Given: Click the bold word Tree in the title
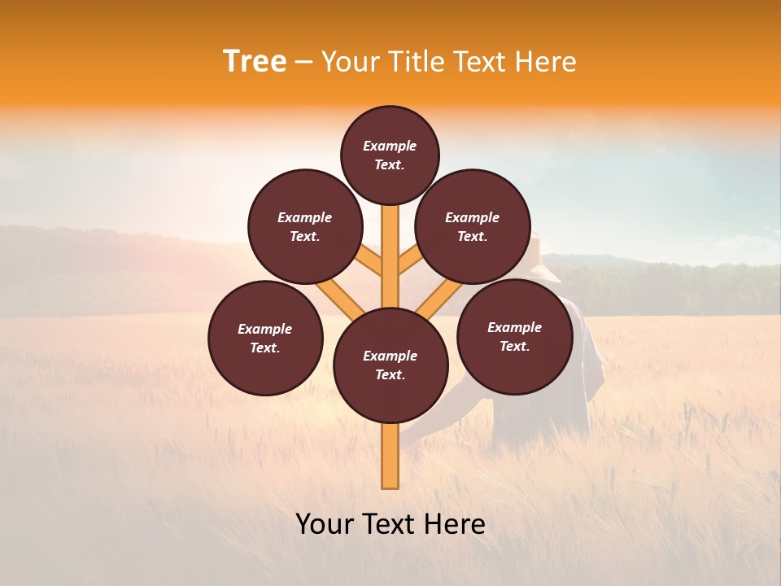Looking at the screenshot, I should (255, 62).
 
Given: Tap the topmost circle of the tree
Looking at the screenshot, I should (390, 155).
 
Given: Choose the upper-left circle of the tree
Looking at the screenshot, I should (305, 226).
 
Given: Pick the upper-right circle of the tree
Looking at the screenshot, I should (473, 226).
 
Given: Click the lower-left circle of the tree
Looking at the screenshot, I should (265, 338).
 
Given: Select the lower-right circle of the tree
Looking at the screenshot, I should (514, 336).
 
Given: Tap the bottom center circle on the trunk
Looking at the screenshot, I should (390, 365).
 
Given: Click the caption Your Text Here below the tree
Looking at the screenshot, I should (390, 524).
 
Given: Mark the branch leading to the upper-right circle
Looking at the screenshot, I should (410, 261).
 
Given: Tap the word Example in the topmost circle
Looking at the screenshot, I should (390, 146).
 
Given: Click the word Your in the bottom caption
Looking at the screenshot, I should (324, 524).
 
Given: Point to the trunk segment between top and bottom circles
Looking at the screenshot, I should (390, 252).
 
